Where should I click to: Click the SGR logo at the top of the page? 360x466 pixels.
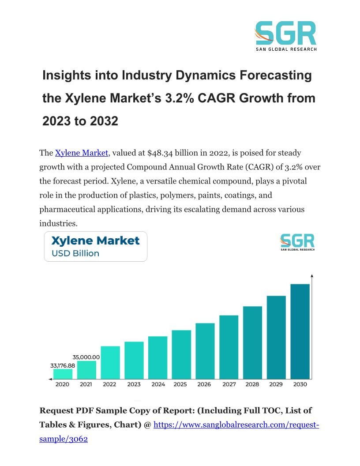coord(286,35)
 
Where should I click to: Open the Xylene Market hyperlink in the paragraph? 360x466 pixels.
coord(82,153)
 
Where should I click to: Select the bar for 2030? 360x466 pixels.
coord(300,331)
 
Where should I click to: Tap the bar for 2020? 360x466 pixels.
coord(63,374)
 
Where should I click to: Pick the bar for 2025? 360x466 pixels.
coord(181,354)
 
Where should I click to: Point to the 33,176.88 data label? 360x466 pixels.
coord(62,365)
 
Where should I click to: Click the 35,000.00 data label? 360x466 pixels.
coord(86,357)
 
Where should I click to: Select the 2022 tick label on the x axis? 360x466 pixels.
coord(109,384)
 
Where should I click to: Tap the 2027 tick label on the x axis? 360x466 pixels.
coord(229,384)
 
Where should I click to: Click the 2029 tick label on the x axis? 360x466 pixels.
coord(276,384)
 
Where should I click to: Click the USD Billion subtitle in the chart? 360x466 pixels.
coord(75,253)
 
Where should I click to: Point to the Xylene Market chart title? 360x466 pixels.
coord(95,241)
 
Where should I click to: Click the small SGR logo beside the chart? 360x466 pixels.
coord(297,242)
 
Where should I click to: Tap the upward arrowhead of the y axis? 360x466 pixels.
coord(312,276)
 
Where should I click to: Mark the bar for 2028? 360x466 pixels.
coord(252,342)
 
